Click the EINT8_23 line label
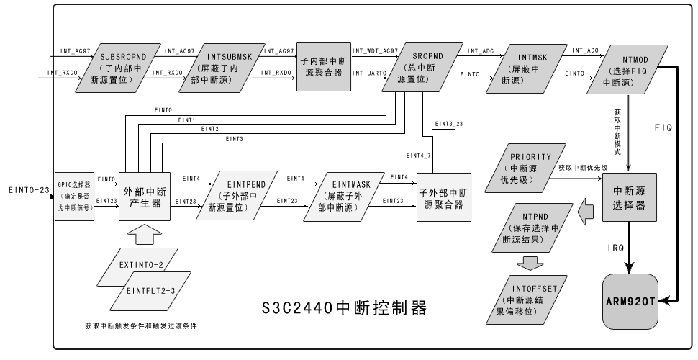coord(447,125)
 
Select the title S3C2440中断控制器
coord(345,309)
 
